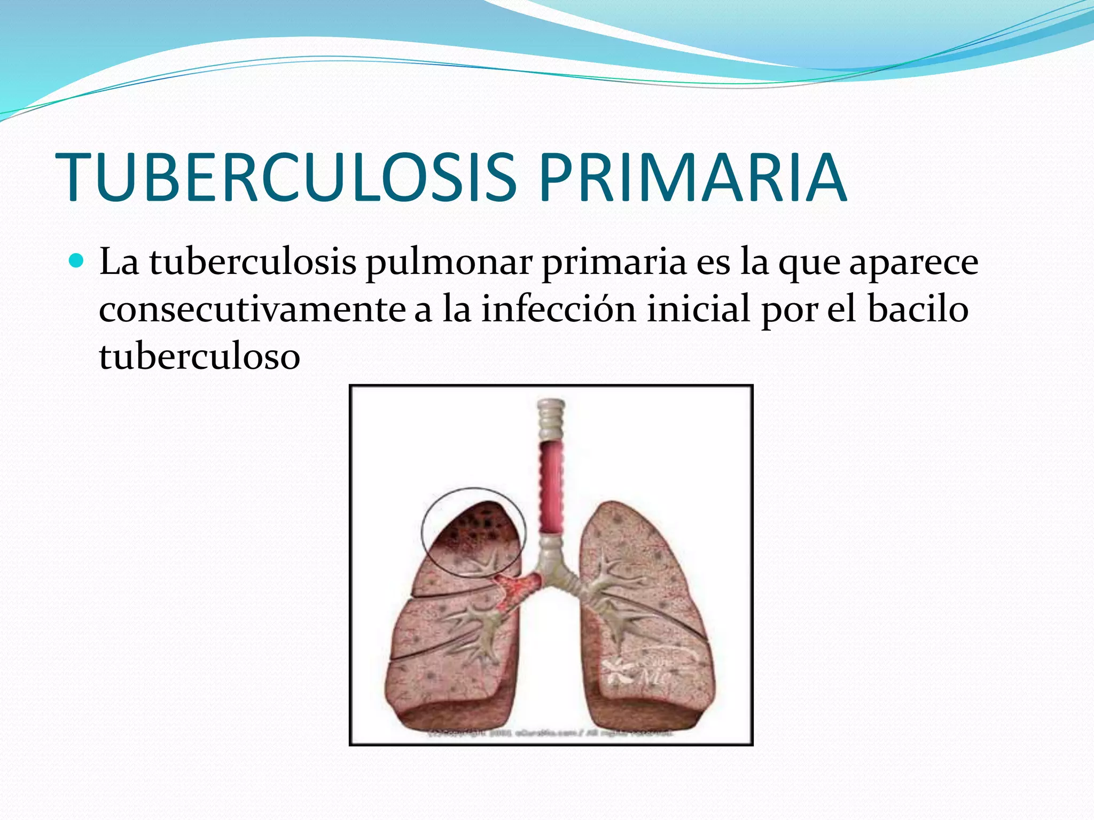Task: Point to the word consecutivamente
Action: click(252, 310)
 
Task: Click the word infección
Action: click(559, 310)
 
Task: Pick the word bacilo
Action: click(918, 310)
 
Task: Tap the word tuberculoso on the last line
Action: click(199, 356)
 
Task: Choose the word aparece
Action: click(913, 263)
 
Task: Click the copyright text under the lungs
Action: click(550, 734)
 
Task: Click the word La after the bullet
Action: click(119, 263)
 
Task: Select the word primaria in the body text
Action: click(614, 263)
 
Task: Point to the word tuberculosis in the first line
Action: click(252, 263)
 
